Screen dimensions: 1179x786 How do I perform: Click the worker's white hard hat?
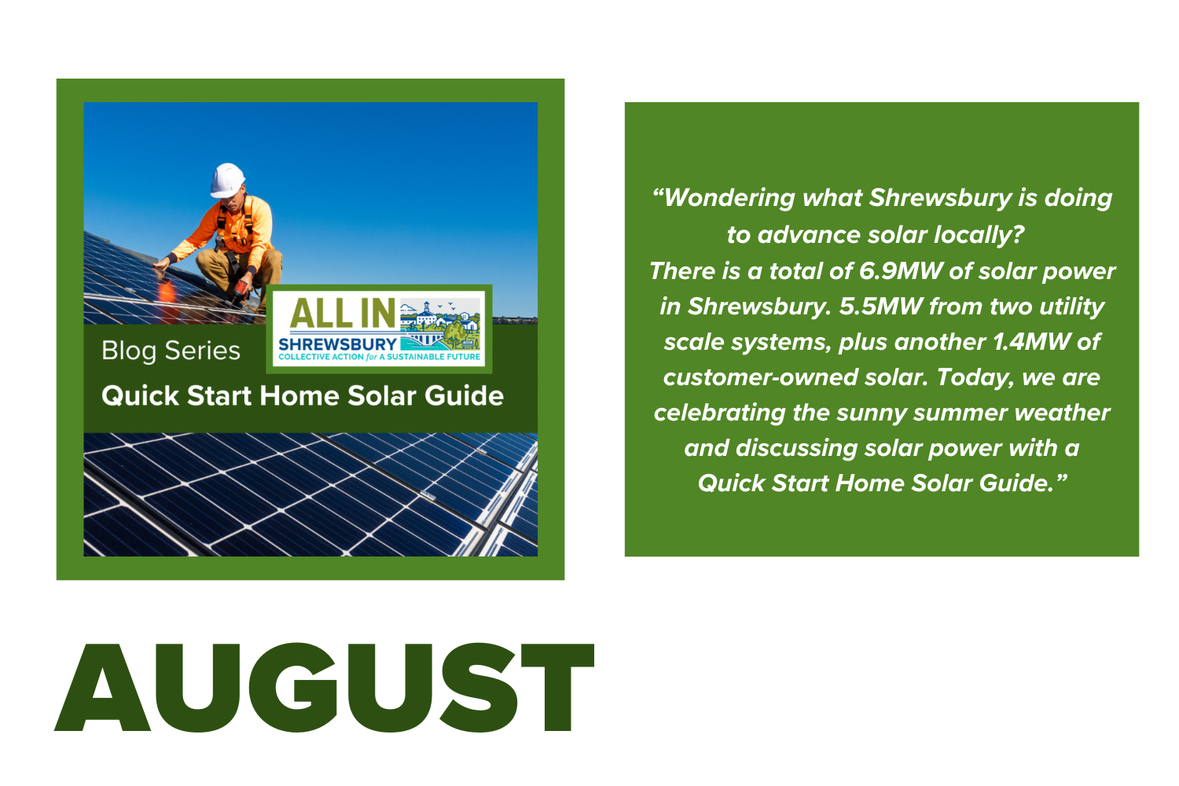(227, 181)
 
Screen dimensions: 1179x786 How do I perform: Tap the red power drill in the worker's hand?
(241, 289)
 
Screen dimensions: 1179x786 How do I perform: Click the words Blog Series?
(171, 351)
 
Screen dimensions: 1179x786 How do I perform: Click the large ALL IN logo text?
(342, 314)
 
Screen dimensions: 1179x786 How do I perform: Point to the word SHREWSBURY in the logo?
(337, 344)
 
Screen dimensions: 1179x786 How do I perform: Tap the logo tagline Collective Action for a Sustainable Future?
(379, 357)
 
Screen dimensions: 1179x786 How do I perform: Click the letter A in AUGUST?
(103, 687)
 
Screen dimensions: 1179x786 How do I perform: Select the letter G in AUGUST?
(292, 687)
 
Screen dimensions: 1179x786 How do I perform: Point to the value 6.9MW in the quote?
(901, 271)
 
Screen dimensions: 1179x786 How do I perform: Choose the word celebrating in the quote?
(719, 413)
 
